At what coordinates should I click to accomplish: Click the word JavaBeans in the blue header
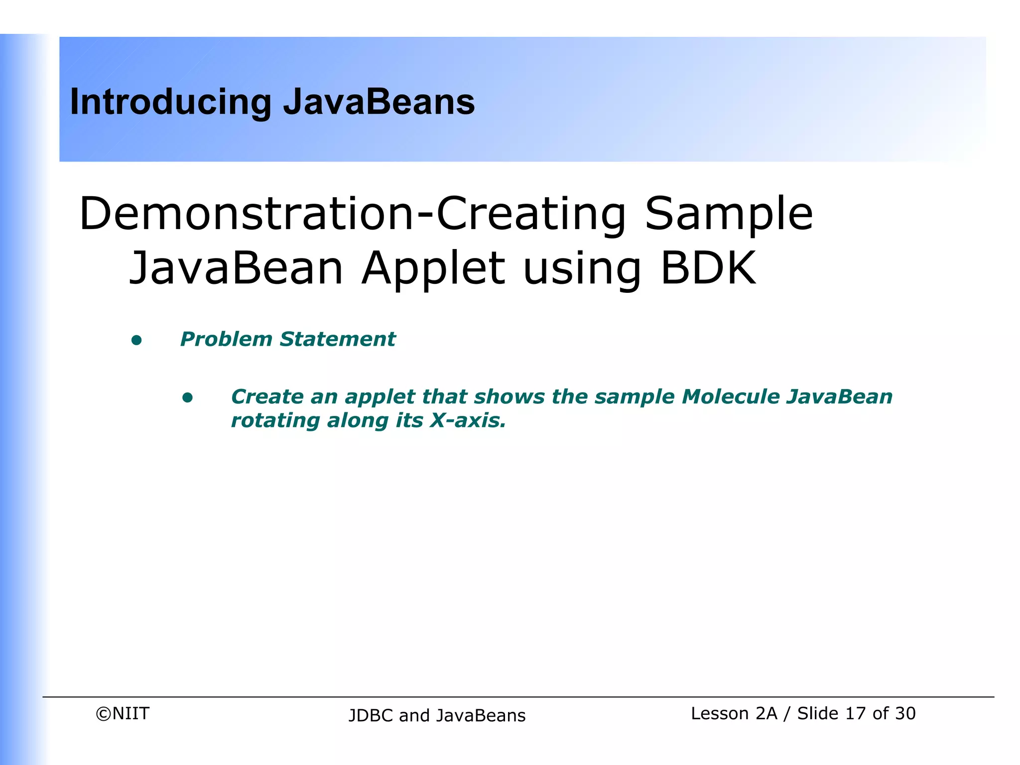pos(379,102)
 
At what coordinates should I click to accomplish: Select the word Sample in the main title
pos(728,214)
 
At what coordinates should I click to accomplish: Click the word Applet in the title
pos(433,268)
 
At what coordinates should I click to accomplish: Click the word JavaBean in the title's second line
pos(236,268)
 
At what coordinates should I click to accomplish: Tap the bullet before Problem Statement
pos(136,341)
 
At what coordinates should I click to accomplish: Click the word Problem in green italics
pos(226,339)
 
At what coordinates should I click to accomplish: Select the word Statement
pos(337,339)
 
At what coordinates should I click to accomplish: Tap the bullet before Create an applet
pos(187,397)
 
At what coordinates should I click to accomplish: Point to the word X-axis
pos(467,420)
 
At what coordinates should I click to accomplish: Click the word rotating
pos(275,421)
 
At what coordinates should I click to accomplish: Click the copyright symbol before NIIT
pos(103,714)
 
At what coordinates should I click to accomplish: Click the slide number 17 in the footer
pos(855,714)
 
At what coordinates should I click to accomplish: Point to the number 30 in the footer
pos(904,714)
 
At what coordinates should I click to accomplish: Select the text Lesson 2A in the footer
pos(734,714)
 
